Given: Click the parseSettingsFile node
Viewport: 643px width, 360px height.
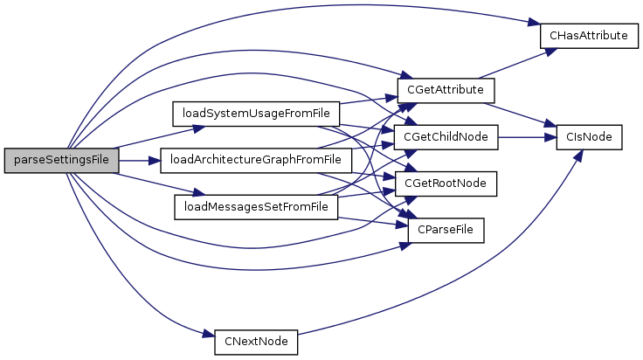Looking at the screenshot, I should [x=60, y=161].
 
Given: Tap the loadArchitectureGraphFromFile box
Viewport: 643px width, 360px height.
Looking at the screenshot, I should [x=256, y=161].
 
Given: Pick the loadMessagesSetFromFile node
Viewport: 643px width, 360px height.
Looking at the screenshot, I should [x=257, y=207].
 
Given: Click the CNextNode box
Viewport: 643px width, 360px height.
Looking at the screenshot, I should [x=256, y=341].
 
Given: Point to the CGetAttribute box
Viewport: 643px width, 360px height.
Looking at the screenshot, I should [x=446, y=90].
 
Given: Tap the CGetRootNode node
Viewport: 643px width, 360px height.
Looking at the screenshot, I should [x=446, y=183].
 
